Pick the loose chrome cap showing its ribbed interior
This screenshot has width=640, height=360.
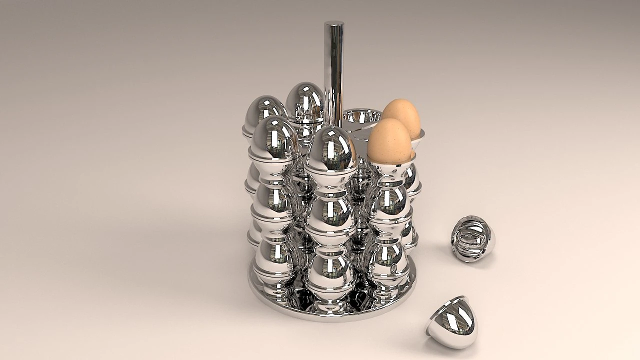pyautogui.click(x=472, y=239)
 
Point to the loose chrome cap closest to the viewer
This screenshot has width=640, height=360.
pyautogui.click(x=453, y=322)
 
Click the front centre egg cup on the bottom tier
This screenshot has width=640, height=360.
pyautogui.click(x=329, y=272)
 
